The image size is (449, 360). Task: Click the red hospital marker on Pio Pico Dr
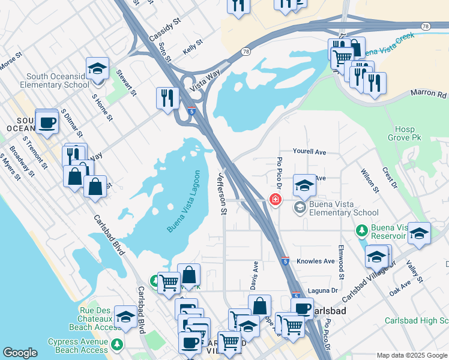tap(276, 199)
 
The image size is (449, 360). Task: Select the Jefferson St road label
tap(221, 193)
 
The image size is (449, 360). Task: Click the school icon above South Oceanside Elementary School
tap(97, 69)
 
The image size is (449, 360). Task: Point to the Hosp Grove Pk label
tap(409, 134)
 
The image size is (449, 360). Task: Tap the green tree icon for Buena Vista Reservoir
tap(362, 230)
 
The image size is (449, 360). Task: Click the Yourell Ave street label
tap(309, 152)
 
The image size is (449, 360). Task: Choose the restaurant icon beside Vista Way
tap(167, 98)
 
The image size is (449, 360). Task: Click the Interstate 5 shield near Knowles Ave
tap(285, 261)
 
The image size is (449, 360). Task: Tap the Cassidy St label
tap(164, 29)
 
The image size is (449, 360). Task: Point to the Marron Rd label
tap(429, 94)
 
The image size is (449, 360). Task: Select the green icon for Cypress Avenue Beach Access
tap(117, 344)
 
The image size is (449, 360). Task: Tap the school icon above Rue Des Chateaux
tap(125, 317)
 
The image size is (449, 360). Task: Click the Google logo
tap(20, 353)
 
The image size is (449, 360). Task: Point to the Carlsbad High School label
tap(416, 321)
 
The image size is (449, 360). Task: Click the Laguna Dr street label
tap(319, 291)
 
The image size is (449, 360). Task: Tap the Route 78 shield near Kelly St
tap(245, 53)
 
